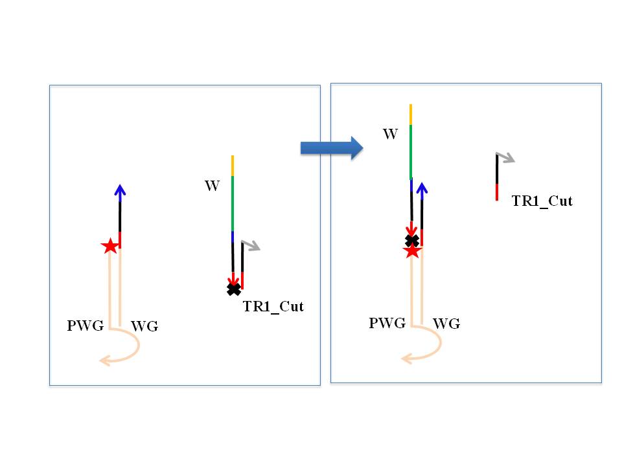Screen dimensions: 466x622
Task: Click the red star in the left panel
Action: (x=110, y=246)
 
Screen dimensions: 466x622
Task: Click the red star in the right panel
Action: (x=412, y=251)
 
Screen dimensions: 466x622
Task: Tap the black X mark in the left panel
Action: (x=233, y=289)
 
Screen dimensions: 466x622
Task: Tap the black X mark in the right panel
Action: (x=411, y=241)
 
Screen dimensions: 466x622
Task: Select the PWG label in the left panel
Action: (x=85, y=326)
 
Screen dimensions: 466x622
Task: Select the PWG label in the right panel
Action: (x=387, y=322)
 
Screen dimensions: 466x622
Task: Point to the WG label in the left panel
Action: (x=144, y=327)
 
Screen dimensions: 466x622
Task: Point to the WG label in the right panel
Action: (x=446, y=323)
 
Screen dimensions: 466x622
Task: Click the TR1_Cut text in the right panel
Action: (x=542, y=201)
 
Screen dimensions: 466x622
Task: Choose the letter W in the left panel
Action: (x=212, y=186)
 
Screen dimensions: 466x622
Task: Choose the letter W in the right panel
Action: (x=390, y=134)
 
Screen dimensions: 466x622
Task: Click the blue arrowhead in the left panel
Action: (x=119, y=190)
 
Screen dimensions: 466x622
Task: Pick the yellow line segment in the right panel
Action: (x=411, y=113)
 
